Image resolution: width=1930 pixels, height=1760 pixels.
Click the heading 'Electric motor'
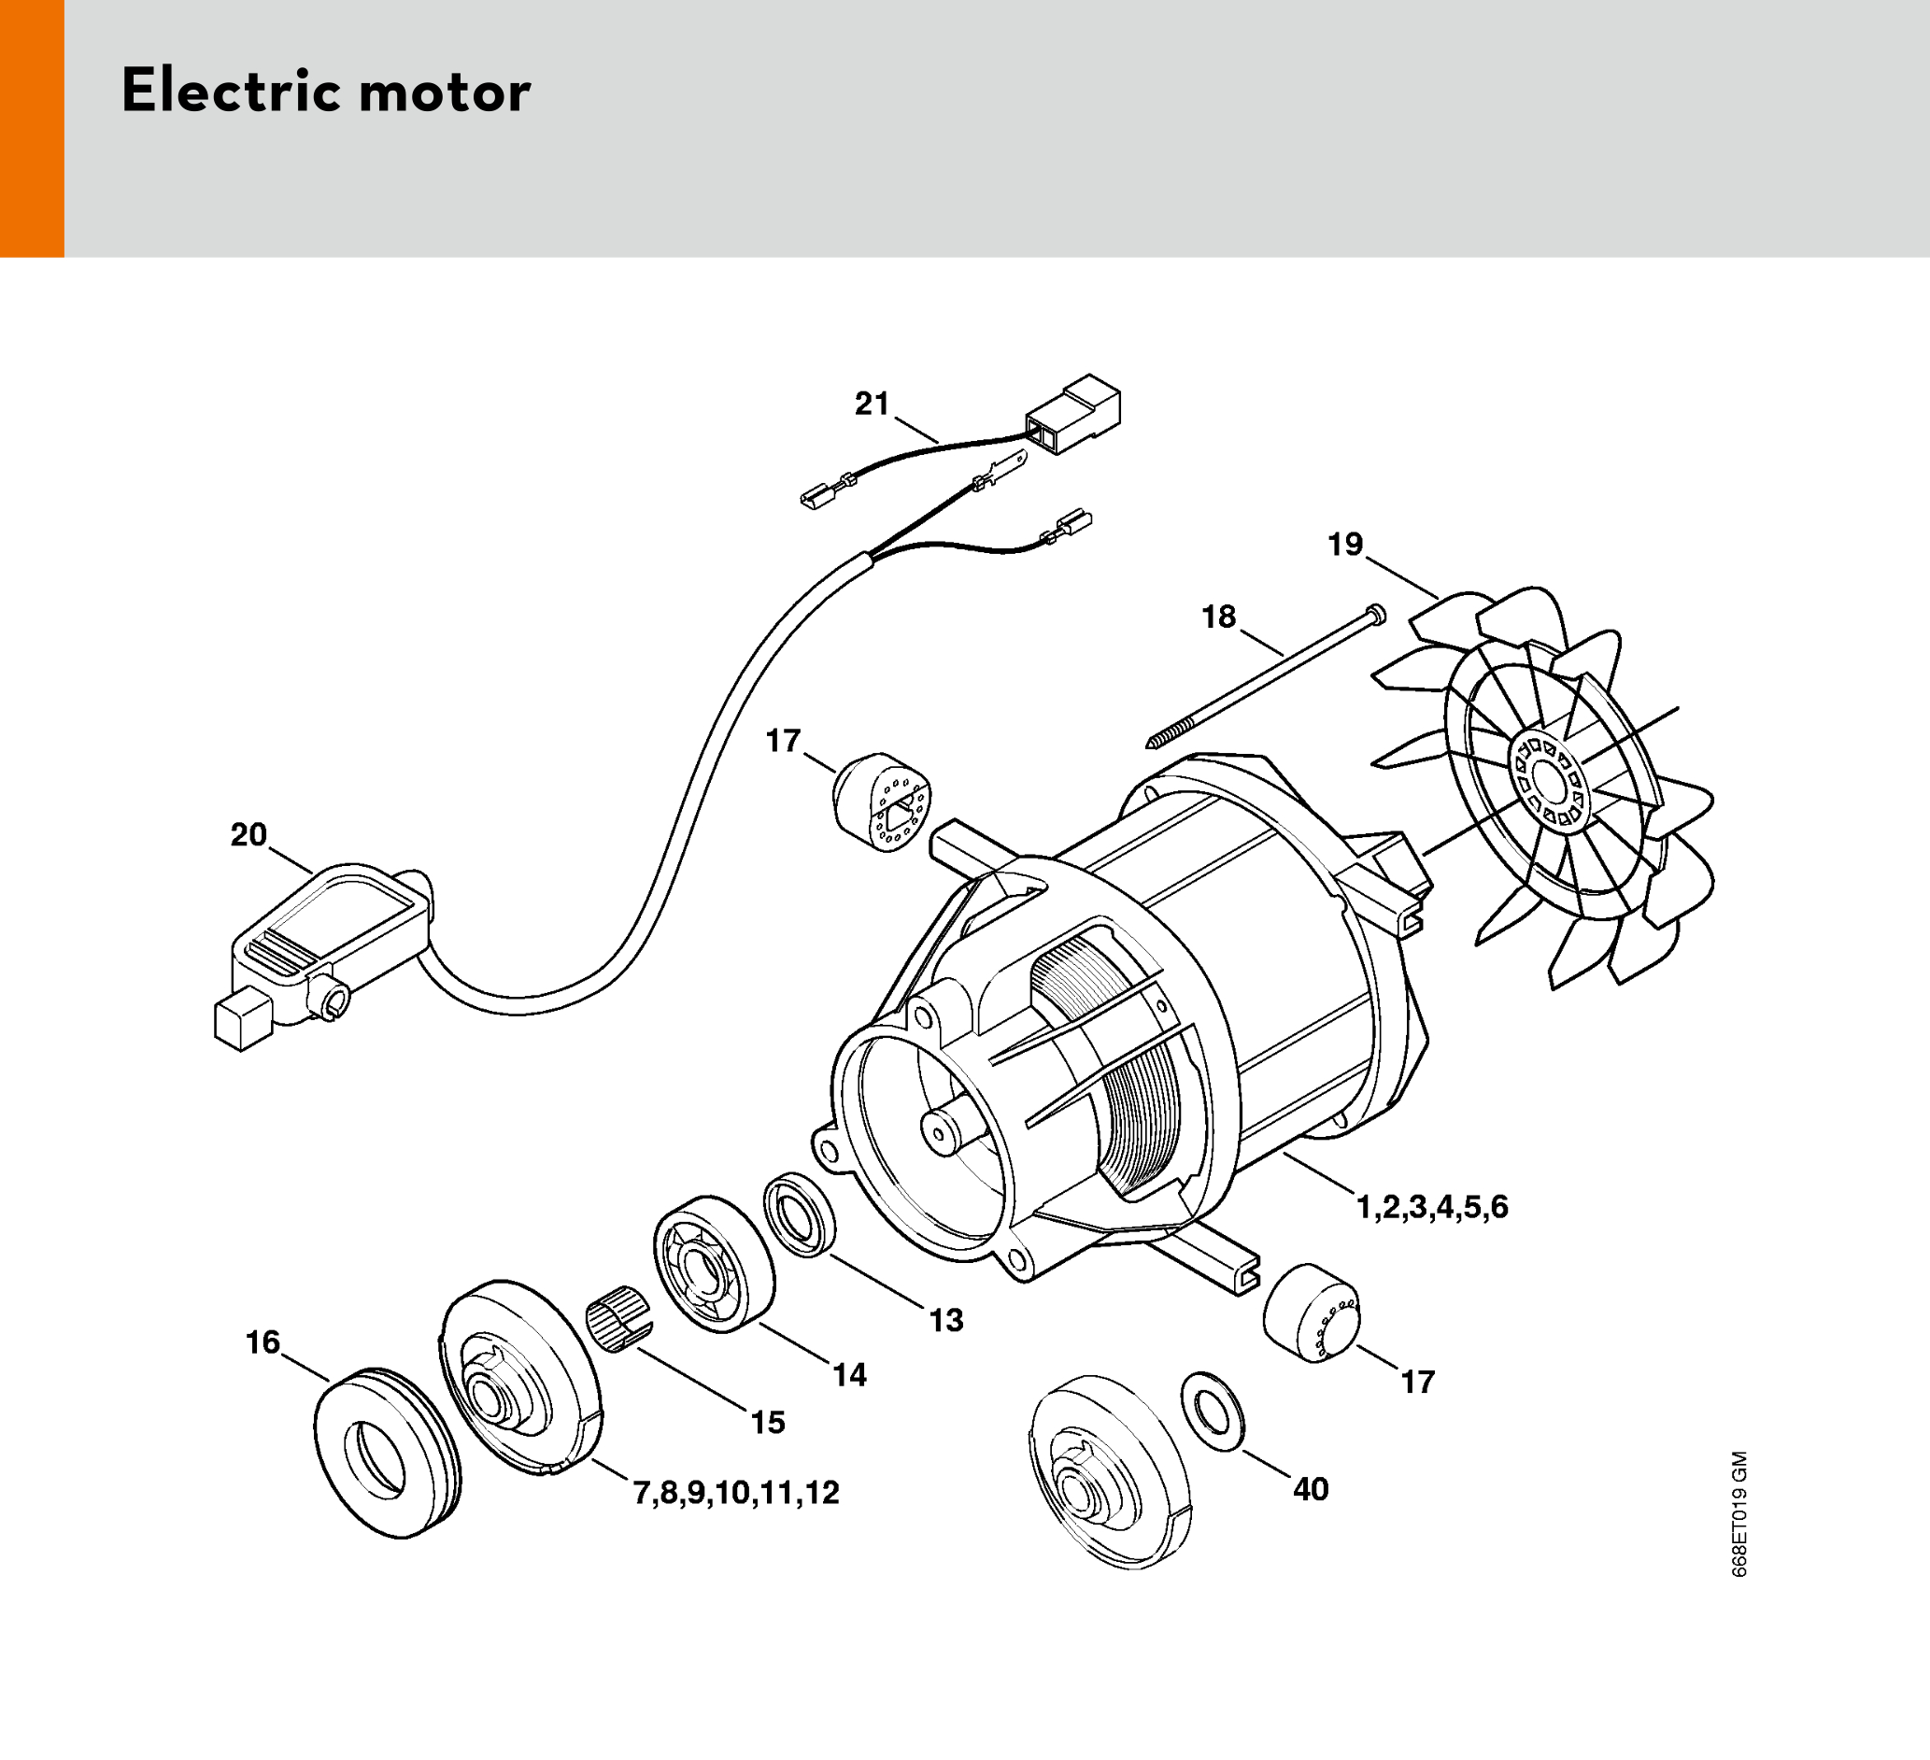click(325, 92)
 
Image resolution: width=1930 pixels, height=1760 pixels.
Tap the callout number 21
click(873, 405)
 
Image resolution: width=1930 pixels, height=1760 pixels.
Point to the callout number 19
click(1345, 544)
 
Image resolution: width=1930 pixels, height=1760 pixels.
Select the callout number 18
click(1219, 617)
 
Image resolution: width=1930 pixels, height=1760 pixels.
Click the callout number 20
click(248, 835)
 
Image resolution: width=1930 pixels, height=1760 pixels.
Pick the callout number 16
click(263, 1342)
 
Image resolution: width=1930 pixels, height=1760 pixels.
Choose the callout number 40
click(1311, 1489)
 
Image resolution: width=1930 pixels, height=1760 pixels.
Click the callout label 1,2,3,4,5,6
click(1432, 1208)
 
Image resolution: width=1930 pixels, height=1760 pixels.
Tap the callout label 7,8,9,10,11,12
click(735, 1493)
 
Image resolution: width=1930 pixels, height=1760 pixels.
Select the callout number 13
click(946, 1321)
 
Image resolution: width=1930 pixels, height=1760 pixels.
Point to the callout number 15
click(768, 1423)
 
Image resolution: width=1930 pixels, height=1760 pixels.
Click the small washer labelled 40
click(1213, 1411)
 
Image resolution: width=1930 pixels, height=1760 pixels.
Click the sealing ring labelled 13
click(800, 1214)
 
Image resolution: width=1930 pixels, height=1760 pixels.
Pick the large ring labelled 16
click(388, 1453)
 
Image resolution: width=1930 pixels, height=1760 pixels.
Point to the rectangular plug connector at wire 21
click(1073, 414)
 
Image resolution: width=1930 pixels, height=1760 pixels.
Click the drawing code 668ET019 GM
click(1739, 1514)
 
